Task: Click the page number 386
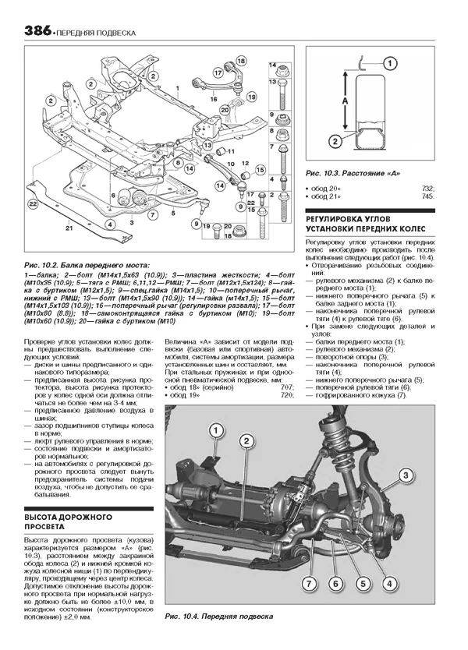[x=37, y=32]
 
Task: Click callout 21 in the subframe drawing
[x=69, y=227]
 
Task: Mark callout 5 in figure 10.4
[x=362, y=583]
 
